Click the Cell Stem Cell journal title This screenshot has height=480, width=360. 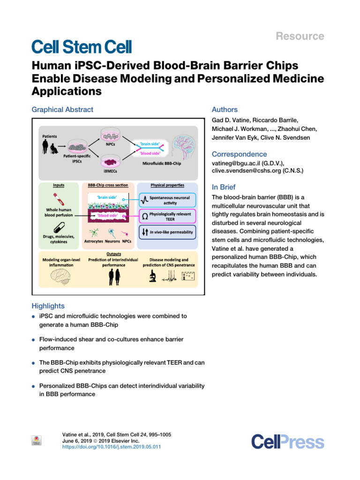click(82, 46)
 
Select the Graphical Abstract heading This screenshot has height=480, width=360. click(62, 110)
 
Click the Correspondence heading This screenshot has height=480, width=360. click(240, 154)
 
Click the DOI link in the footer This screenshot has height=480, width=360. click(112, 447)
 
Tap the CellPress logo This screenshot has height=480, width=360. click(287, 442)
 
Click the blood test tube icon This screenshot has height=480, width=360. click(59, 203)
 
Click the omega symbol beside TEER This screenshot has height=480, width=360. click(144, 216)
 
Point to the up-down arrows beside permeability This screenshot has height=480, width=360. click(144, 232)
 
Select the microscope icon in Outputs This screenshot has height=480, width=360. click(153, 277)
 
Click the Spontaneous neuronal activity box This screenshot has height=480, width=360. click(166, 200)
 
